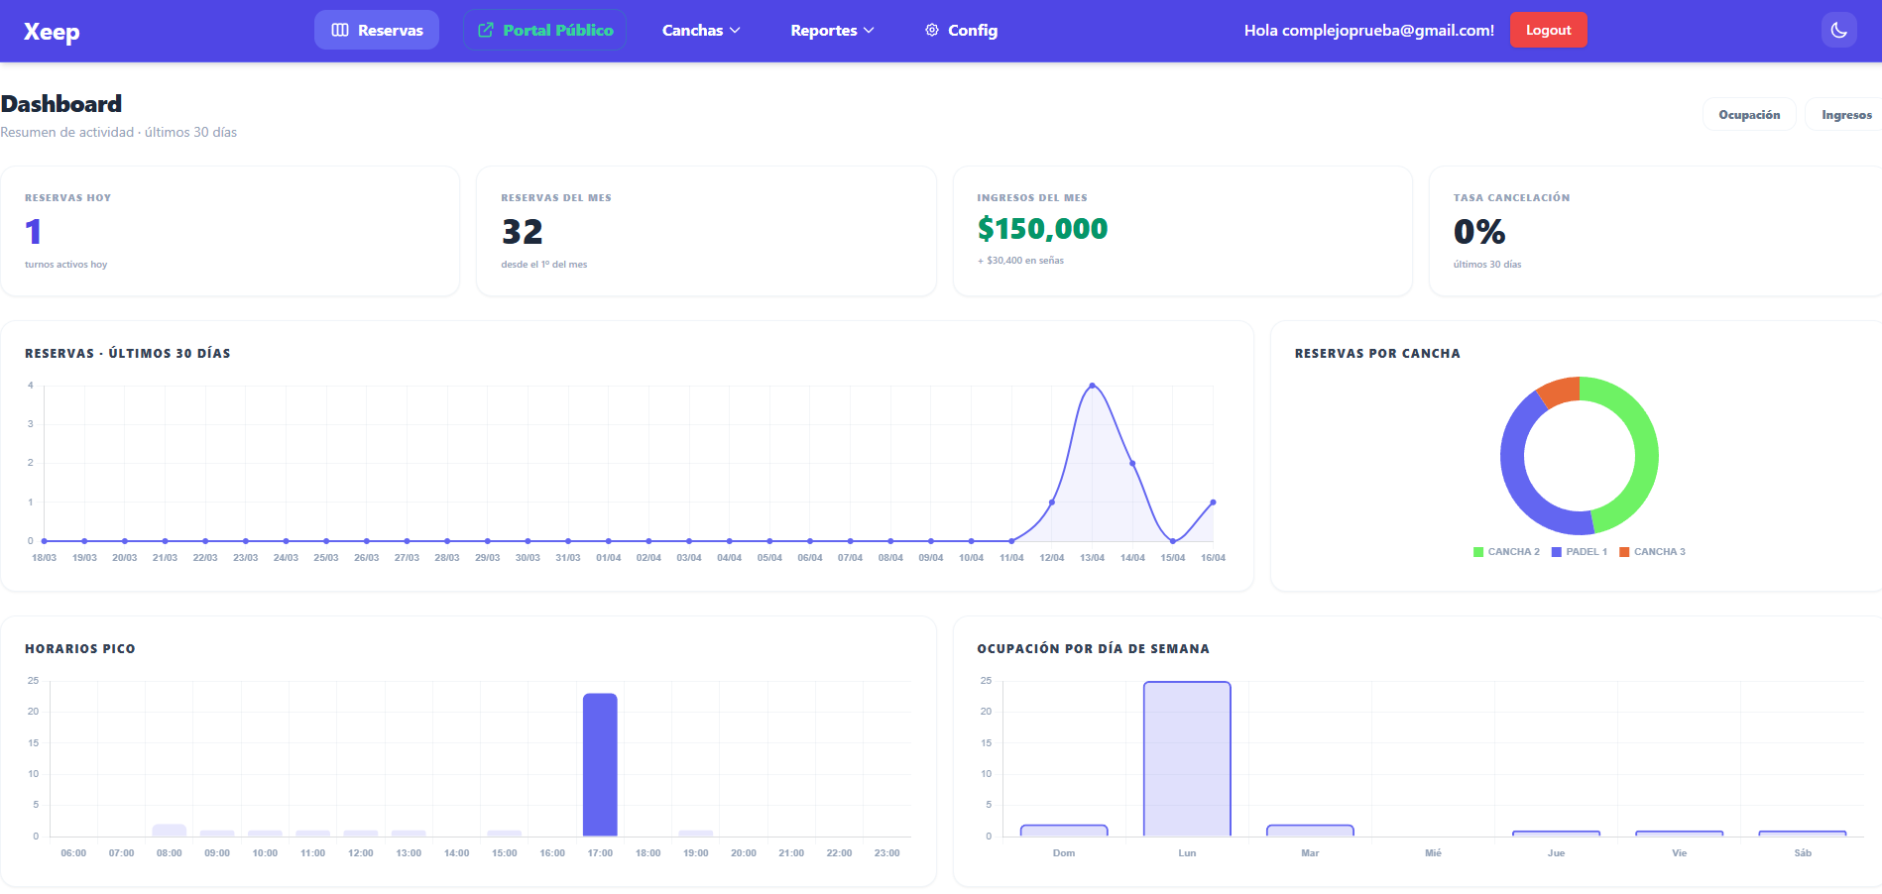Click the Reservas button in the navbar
pos(377,31)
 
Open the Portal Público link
pos(544,31)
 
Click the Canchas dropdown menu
pos(701,31)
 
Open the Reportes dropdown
pos(832,31)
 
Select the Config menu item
pos(961,31)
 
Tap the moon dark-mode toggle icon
pos(1838,30)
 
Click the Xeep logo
pos(52,32)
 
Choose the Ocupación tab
pos(1749,115)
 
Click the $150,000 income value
pos(1042,229)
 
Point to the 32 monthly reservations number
pos(522,232)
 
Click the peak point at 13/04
pos(1092,386)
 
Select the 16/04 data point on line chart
pos(1213,503)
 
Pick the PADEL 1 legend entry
pos(1580,552)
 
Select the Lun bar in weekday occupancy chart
pos(1187,758)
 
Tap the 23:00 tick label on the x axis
pos(886,853)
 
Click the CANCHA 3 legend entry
pos(1652,552)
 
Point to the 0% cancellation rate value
pos(1478,232)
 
